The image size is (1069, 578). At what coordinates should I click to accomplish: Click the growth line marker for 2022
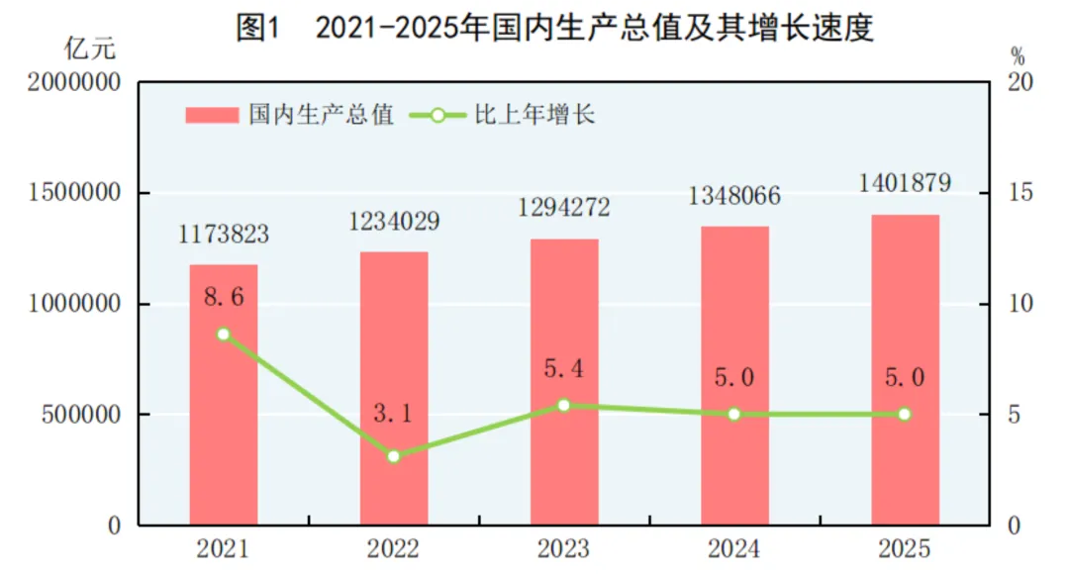394,456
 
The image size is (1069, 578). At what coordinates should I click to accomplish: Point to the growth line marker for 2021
224,335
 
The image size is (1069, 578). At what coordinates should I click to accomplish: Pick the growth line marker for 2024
734,414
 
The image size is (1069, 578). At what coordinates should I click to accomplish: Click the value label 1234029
394,222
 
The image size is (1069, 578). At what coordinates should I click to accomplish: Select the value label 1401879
905,183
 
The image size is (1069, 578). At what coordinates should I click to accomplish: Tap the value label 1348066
734,196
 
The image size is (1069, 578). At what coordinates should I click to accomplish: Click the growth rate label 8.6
224,297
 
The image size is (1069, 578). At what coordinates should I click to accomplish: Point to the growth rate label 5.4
564,370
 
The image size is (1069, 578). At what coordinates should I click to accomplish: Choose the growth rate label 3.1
394,415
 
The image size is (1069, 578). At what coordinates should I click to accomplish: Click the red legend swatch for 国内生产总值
212,116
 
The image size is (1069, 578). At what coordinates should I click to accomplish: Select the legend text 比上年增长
548,116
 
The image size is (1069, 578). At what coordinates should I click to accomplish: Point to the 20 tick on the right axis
1019,83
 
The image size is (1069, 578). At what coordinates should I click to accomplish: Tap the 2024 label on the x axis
734,548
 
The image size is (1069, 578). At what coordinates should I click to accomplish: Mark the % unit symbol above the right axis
1018,53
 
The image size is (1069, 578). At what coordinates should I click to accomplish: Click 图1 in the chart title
259,28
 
